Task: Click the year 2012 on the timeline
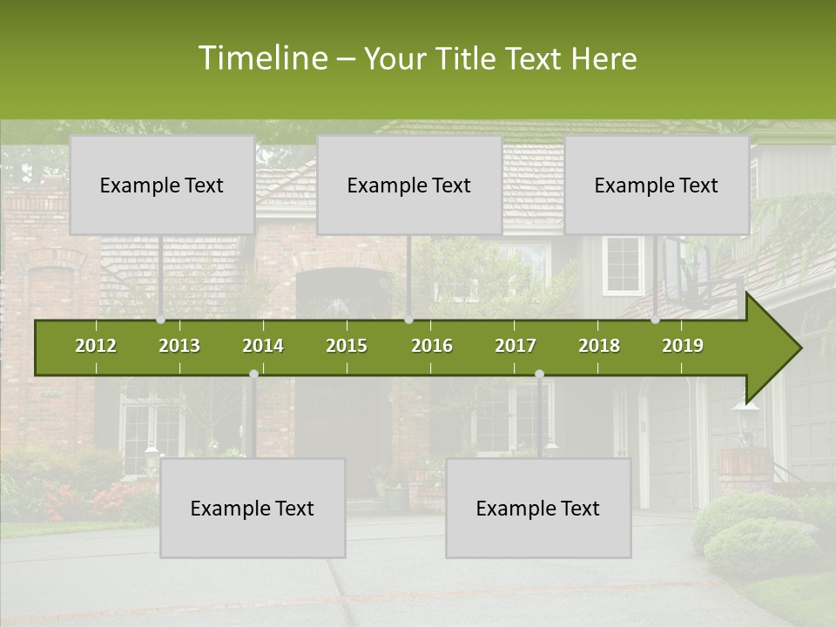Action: (96, 346)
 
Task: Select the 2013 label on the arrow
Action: (179, 346)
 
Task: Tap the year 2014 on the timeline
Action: (263, 346)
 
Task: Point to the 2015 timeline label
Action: (347, 346)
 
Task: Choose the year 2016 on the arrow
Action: (432, 346)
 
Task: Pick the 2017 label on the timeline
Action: (516, 346)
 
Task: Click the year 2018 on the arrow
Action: (599, 346)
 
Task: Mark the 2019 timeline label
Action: (683, 346)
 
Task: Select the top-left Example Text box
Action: (162, 185)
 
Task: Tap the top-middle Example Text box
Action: (409, 185)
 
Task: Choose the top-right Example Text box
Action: (657, 185)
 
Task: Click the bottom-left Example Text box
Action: (253, 508)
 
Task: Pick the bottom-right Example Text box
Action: (538, 508)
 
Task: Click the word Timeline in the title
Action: (262, 58)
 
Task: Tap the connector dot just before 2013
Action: (161, 320)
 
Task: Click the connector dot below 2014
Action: (253, 374)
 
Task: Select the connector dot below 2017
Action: (539, 374)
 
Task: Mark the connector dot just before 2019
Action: (656, 320)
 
